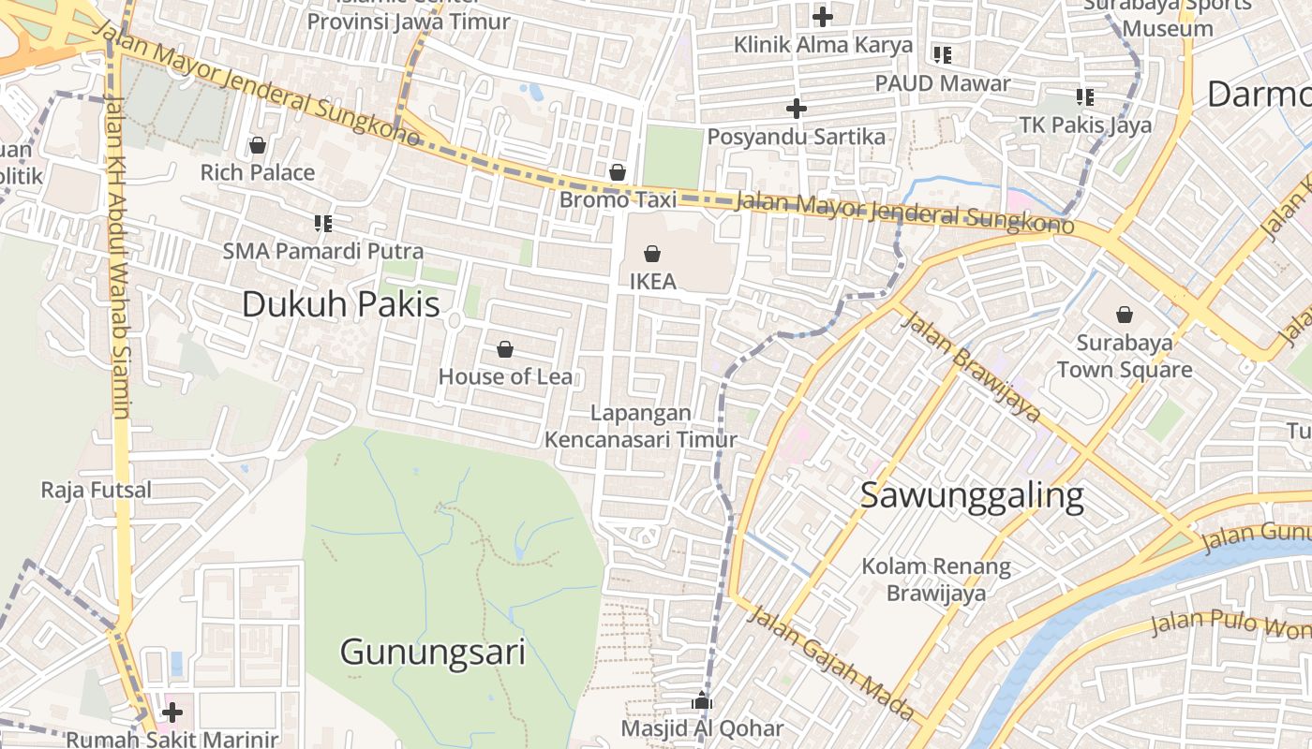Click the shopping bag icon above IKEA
[x=652, y=253]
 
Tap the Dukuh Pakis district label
[x=340, y=304]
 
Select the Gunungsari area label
[x=432, y=652]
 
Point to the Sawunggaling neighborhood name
[x=972, y=495]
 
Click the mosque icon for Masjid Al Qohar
[x=702, y=700]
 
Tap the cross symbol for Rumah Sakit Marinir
[x=171, y=712]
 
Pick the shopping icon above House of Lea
[x=505, y=349]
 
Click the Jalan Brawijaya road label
[x=971, y=366]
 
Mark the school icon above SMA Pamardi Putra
[x=323, y=223]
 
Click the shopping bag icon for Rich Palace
[x=258, y=145]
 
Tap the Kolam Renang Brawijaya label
[x=936, y=580]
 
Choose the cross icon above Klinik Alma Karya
[x=823, y=16]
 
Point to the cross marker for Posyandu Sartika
[x=796, y=109]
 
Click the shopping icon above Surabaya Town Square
[x=1125, y=315]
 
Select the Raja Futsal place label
[x=96, y=490]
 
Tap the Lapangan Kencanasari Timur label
[x=641, y=426]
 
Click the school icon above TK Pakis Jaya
[x=1085, y=96]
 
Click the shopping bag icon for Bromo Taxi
[x=617, y=172]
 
